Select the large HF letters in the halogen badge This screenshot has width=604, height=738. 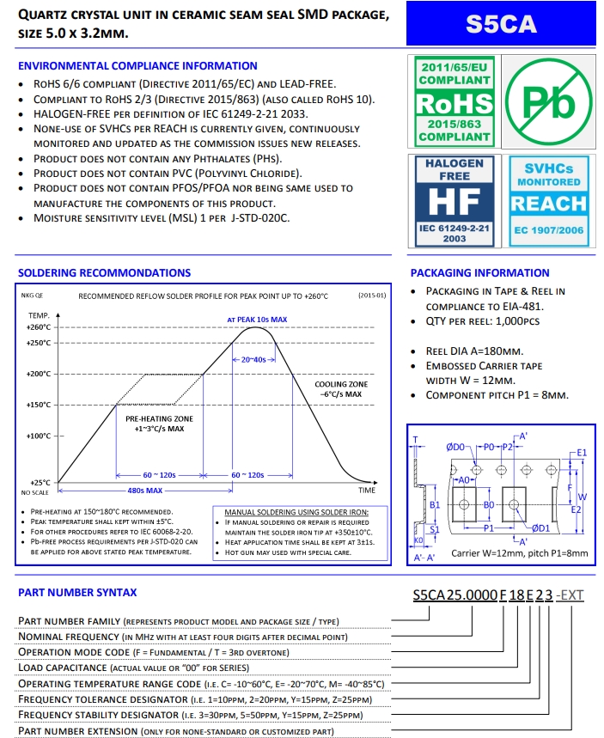[454, 202]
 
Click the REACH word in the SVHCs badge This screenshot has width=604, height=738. [547, 204]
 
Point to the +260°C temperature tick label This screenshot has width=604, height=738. [39, 327]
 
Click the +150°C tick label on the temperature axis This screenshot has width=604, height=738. [39, 405]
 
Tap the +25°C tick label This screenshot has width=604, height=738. [40, 483]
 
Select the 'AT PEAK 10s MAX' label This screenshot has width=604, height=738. [257, 319]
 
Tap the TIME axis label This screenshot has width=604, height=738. [367, 490]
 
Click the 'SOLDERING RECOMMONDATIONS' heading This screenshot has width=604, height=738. [104, 273]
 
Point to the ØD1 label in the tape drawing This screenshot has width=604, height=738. [541, 528]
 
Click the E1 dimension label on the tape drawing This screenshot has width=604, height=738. [582, 452]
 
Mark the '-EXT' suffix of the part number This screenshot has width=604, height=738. [570, 595]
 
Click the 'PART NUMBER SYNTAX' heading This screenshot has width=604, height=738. [77, 592]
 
